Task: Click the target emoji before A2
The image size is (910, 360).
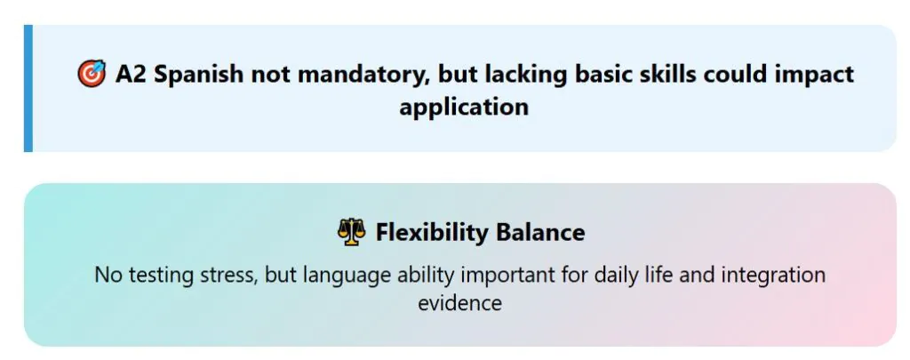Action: [92, 75]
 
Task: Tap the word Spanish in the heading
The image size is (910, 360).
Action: [198, 75]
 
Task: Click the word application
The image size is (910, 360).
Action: [464, 108]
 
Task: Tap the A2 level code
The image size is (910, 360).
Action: [131, 75]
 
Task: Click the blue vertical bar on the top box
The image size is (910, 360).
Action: [28, 88]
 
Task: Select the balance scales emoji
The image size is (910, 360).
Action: [352, 232]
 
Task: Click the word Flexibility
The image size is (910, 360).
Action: [432, 233]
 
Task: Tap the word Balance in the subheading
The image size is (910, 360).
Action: [540, 232]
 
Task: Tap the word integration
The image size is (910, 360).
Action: [773, 276]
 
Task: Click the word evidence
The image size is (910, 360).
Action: [459, 303]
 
